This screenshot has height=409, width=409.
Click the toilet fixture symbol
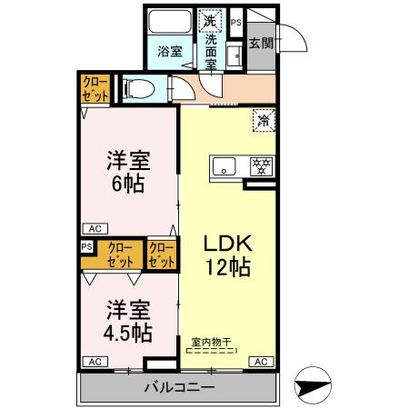[139, 89]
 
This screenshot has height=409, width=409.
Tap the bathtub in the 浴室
[170, 22]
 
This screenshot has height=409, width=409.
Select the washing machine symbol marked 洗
[210, 21]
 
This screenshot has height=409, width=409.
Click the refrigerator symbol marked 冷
[264, 120]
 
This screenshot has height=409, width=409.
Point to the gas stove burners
[262, 167]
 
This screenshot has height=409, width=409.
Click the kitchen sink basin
[224, 166]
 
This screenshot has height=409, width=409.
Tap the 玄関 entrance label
[261, 44]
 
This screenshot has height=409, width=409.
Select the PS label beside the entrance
[236, 23]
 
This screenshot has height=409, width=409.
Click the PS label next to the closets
[86, 247]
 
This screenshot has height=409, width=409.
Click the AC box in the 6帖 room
[95, 229]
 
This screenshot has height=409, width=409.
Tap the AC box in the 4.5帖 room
[95, 362]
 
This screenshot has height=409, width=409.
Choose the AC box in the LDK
[261, 362]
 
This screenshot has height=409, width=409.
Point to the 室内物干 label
[211, 343]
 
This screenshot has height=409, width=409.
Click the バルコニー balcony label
[179, 387]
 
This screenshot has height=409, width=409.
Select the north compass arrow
[313, 385]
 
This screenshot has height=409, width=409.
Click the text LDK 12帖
[228, 255]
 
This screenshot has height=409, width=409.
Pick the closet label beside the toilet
[95, 89]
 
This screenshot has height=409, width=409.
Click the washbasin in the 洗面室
[234, 55]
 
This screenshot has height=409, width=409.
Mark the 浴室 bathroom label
[170, 51]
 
